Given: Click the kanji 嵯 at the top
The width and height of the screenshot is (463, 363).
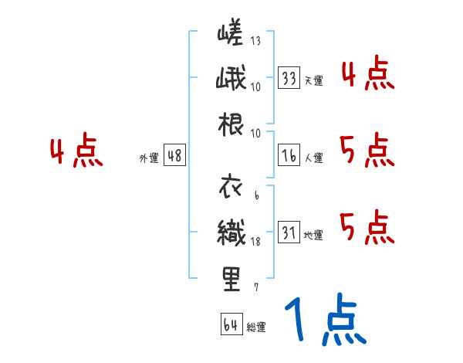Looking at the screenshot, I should pyautogui.click(x=231, y=36).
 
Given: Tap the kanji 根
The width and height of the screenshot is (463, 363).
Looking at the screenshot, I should pyautogui.click(x=231, y=125).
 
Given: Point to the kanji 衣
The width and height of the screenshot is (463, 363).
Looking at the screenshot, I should pyautogui.click(x=231, y=188).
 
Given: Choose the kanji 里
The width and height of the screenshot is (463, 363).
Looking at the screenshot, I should pyautogui.click(x=231, y=279).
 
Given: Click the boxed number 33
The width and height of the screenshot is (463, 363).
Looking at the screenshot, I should pyautogui.click(x=289, y=77).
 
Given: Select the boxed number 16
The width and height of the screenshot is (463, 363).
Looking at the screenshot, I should pyautogui.click(x=289, y=154).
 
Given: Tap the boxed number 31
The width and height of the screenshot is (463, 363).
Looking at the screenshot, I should pyautogui.click(x=289, y=232).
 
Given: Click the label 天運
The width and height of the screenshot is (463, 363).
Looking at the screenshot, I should pyautogui.click(x=313, y=80).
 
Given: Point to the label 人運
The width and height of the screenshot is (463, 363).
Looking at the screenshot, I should pyautogui.click(x=313, y=158).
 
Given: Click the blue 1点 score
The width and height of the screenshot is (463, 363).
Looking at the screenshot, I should pyautogui.click(x=323, y=321).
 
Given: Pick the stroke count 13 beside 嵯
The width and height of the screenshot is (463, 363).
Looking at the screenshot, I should pyautogui.click(x=255, y=41).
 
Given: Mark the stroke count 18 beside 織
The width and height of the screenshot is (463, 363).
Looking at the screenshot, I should pyautogui.click(x=255, y=242).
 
